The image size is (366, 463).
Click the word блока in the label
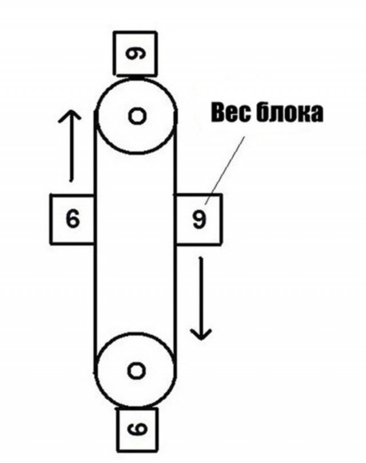289,112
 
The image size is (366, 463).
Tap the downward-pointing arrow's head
201,333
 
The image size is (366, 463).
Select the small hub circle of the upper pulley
137,116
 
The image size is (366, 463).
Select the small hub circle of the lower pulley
137,371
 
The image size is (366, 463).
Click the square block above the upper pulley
136,53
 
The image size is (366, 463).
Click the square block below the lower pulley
137,430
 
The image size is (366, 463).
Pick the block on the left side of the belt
73,219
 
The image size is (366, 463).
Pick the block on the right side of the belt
198,219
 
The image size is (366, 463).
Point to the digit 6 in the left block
73,218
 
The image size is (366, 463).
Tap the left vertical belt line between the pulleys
95,242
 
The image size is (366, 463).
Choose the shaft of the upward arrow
70,146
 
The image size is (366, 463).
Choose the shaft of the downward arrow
201,298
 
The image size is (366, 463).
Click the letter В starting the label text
218,113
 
